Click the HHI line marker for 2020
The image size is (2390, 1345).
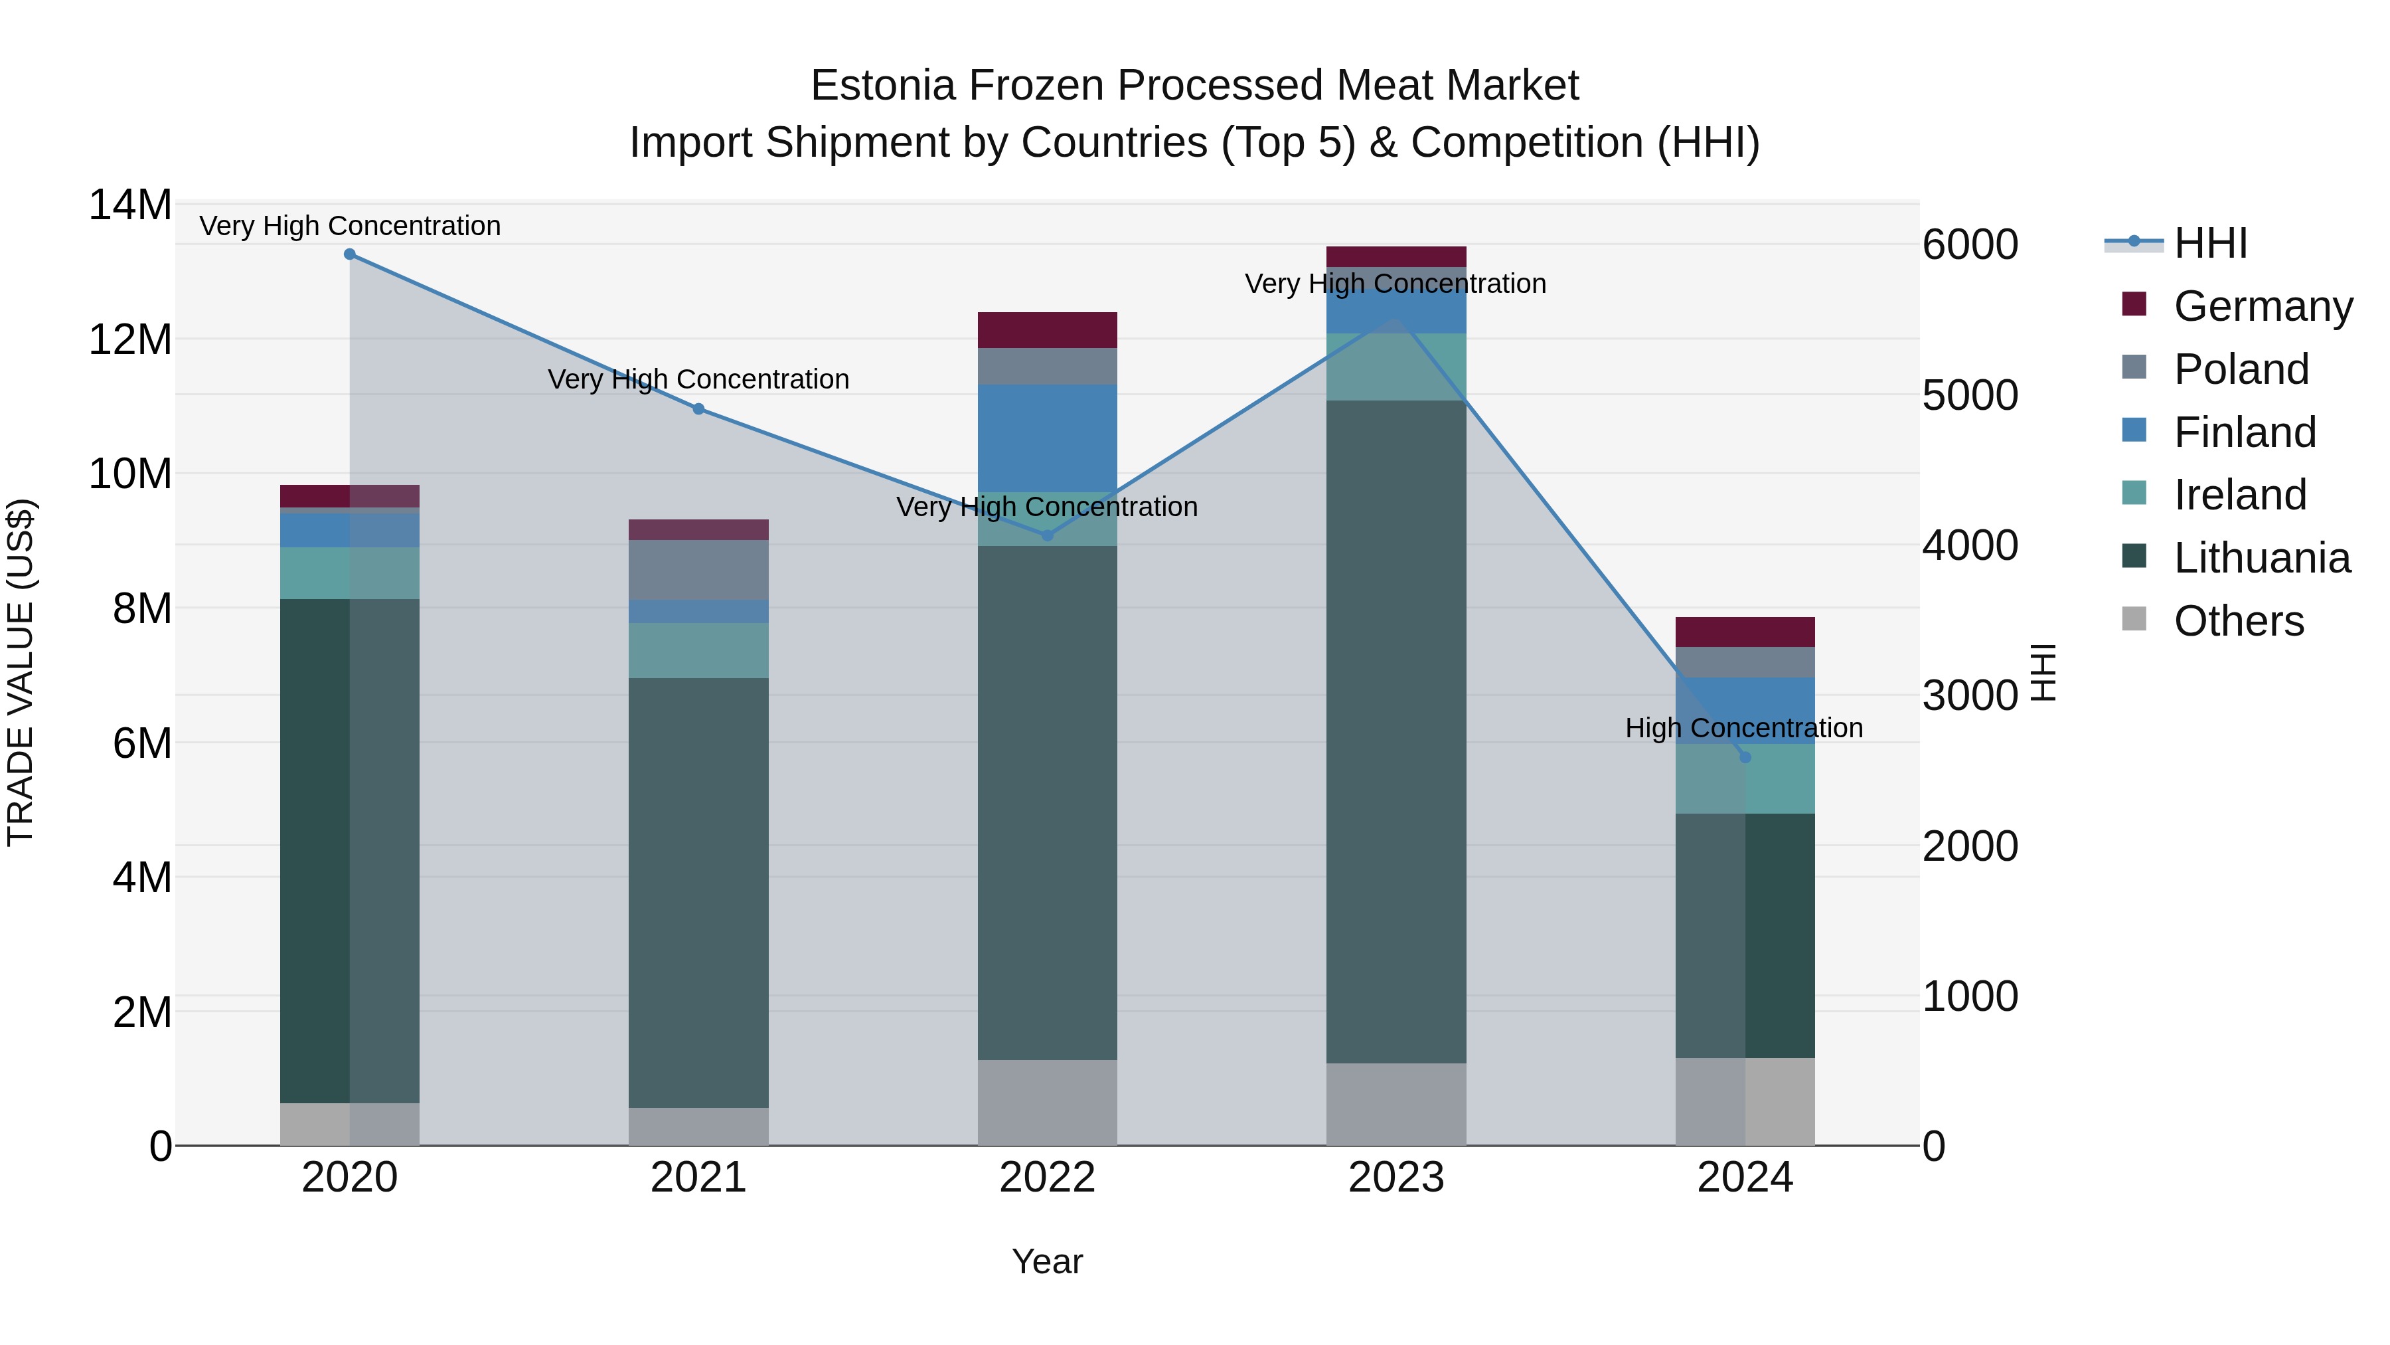350,254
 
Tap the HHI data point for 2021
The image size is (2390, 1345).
698,409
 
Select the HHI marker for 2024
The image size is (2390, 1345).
1745,757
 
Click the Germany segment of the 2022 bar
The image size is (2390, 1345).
1048,331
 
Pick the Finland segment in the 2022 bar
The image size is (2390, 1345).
1048,438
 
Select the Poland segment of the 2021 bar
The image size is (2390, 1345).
698,570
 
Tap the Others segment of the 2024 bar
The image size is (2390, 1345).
1745,1102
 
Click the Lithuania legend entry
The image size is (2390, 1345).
2261,558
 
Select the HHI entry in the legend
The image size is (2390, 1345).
2210,243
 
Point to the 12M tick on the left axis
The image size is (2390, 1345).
130,339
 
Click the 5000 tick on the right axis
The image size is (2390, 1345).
1970,395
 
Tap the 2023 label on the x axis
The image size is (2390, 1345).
1396,1178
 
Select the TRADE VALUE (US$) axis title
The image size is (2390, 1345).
21,672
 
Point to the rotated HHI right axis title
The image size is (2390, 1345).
2044,672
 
